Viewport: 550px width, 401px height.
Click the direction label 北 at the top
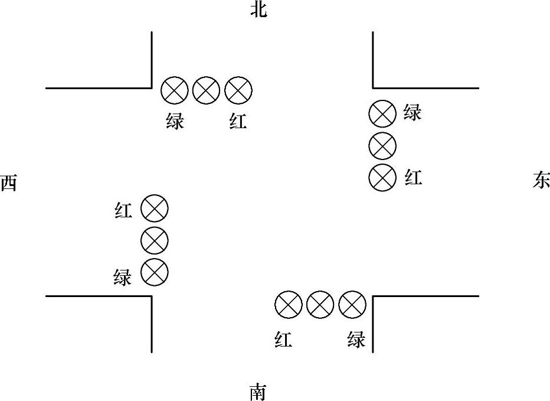(x=258, y=10)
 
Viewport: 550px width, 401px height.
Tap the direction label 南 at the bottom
(x=258, y=392)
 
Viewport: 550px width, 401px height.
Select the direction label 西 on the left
(x=9, y=183)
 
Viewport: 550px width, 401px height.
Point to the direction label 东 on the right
(x=541, y=181)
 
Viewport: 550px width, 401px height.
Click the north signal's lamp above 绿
(x=175, y=90)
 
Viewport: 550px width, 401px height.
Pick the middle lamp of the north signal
(x=207, y=90)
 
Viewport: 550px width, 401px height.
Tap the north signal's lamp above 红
(x=238, y=90)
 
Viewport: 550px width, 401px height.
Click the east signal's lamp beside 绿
(x=382, y=113)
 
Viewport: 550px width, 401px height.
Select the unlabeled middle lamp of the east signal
(x=382, y=145)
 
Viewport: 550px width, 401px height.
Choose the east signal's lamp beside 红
(x=382, y=177)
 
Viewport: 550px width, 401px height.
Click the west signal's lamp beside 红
(x=155, y=208)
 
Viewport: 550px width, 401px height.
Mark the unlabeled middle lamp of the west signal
(x=155, y=240)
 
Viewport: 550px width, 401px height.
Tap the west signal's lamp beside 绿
(x=155, y=272)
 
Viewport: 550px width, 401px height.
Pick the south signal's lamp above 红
(x=289, y=305)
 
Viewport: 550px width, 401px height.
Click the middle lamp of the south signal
(x=320, y=305)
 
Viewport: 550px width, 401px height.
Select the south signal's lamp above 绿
(x=352, y=305)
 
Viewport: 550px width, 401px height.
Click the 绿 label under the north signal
(x=175, y=122)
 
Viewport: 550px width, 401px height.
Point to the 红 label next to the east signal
(x=413, y=177)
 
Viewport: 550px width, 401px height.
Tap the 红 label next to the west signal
(x=123, y=210)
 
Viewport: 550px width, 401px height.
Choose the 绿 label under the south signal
(x=356, y=340)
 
